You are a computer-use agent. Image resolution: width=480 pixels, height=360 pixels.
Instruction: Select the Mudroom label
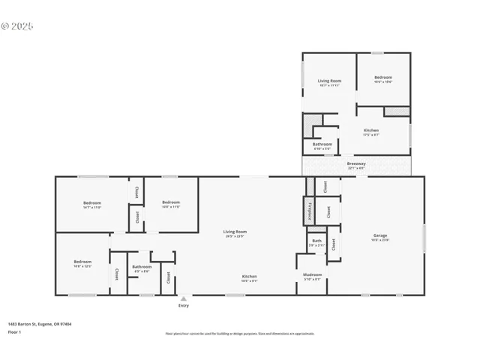(x=312, y=275)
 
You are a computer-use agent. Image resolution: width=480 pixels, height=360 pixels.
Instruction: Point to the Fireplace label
(x=308, y=210)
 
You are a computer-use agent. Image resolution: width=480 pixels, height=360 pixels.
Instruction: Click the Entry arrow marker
(x=183, y=298)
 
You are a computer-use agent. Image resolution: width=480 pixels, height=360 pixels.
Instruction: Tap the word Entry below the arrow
(x=183, y=305)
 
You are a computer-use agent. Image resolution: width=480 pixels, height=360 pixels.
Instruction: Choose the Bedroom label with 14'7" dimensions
(x=91, y=202)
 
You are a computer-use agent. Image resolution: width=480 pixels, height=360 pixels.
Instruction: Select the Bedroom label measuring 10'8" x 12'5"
(x=82, y=262)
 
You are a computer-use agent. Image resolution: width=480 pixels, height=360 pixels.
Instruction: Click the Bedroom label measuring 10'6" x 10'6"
(x=382, y=77)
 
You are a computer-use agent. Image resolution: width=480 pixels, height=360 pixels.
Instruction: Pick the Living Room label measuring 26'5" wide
(x=235, y=232)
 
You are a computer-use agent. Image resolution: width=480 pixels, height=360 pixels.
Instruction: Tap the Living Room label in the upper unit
(x=329, y=80)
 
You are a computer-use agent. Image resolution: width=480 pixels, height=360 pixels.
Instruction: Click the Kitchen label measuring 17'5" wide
(x=371, y=130)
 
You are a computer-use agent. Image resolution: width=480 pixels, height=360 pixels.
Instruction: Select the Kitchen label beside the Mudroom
(x=250, y=276)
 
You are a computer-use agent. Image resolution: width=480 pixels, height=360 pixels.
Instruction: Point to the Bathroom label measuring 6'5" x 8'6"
(x=142, y=266)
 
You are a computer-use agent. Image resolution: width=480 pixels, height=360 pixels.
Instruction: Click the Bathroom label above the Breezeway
(x=322, y=144)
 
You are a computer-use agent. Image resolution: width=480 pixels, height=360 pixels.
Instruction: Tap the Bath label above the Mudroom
(x=316, y=241)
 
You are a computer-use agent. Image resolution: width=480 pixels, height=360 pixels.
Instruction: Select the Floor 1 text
(x=14, y=331)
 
